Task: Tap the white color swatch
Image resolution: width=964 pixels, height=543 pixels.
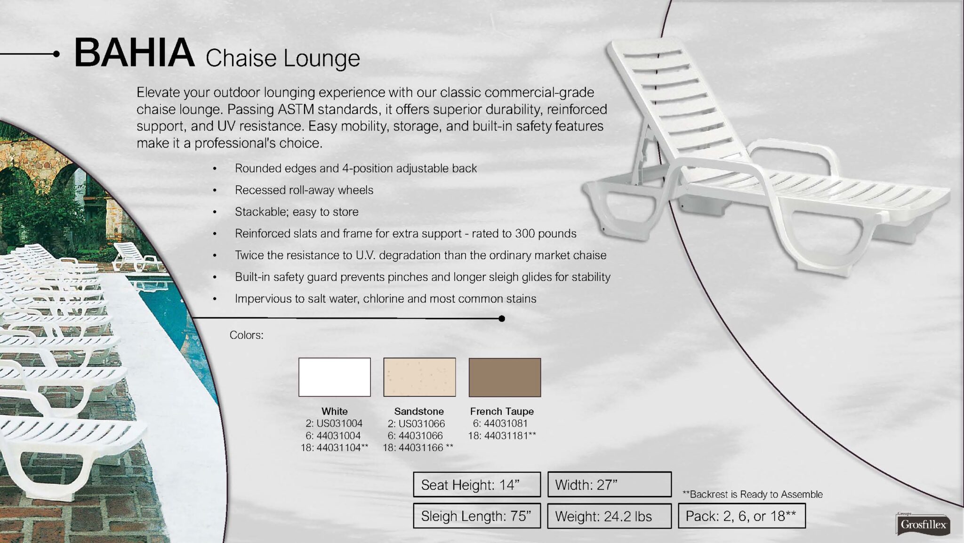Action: click(335, 377)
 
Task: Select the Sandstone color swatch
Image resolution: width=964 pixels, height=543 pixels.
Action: click(419, 377)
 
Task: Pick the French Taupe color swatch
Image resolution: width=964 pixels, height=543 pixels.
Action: click(505, 377)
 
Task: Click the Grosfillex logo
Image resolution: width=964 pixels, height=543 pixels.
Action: click(923, 524)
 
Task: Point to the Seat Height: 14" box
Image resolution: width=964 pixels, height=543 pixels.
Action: click(477, 485)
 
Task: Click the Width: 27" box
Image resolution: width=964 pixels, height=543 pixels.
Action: click(610, 485)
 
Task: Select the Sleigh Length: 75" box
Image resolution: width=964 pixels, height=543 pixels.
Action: click(477, 516)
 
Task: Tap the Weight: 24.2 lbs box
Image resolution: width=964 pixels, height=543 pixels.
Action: click(610, 516)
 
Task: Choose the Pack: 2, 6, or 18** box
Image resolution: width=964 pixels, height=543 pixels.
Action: click(742, 516)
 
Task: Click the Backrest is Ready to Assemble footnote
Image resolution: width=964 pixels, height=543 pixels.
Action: click(753, 494)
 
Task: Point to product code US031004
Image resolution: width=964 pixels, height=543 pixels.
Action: click(339, 423)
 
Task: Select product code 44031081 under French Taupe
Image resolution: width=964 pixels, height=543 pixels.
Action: click(506, 423)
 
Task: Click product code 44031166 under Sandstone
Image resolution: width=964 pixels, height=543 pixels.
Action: click(421, 448)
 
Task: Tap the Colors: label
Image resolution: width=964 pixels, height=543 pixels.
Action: click(246, 335)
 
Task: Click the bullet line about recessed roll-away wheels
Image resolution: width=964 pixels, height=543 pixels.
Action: click(304, 190)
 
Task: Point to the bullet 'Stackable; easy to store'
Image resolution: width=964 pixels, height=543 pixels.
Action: click(297, 212)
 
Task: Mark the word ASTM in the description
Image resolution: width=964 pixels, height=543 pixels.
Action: click(296, 109)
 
